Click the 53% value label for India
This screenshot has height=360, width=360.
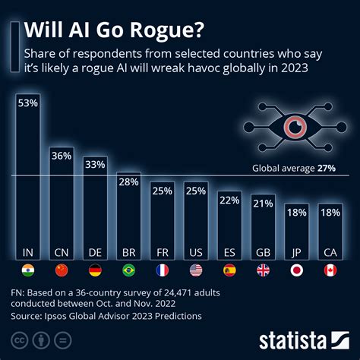point(28,103)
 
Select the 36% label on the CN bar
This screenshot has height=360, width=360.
point(62,155)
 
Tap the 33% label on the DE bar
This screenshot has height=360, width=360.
point(95,163)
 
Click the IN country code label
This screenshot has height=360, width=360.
point(28,251)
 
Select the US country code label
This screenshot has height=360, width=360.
point(196,251)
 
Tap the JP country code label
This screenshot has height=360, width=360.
point(297,251)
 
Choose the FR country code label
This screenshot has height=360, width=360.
point(163,251)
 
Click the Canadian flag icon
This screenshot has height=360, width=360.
point(330,270)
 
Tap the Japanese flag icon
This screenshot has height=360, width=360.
point(297,270)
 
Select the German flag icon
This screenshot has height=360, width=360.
point(95,270)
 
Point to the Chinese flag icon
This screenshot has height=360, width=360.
point(62,270)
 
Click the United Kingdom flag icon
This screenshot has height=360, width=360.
point(263,270)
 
